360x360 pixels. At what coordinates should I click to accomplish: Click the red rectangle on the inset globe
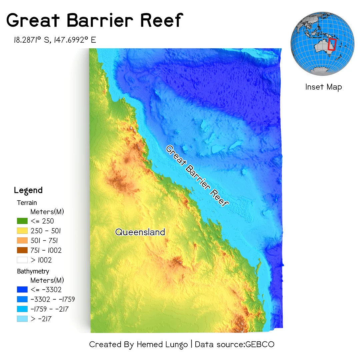point(331,44)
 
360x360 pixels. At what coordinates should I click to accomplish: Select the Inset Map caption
point(323,87)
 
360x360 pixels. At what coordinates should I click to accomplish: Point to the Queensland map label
point(140,232)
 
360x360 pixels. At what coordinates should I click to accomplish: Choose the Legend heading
point(28,190)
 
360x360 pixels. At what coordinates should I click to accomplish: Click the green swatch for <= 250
point(22,221)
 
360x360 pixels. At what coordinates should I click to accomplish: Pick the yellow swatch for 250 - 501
point(22,231)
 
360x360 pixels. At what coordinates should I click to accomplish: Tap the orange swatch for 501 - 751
point(22,240)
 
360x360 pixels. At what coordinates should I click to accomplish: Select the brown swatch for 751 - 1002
point(22,250)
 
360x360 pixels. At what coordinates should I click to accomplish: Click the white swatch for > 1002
point(22,260)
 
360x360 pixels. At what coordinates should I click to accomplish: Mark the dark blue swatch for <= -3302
point(22,289)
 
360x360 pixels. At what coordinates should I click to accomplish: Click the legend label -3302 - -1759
point(53,299)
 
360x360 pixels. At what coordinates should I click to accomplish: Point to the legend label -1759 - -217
point(49,309)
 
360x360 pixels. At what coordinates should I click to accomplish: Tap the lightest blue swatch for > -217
point(22,319)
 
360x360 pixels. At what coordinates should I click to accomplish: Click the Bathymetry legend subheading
point(33,271)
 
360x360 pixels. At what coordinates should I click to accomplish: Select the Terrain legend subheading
point(27,202)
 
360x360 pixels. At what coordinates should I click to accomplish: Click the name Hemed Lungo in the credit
point(162,344)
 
